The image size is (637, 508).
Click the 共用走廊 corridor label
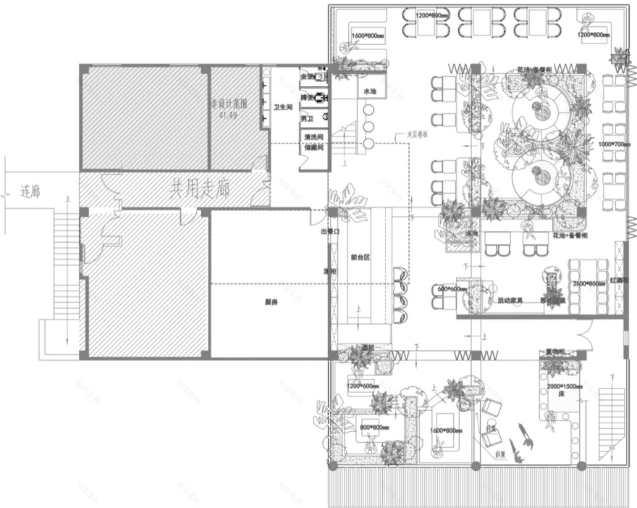tap(200, 190)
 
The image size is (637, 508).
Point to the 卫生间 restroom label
tap(282, 107)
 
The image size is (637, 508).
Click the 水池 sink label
tap(370, 91)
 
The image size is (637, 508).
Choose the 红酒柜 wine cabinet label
tap(619, 279)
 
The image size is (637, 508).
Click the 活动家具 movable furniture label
tap(510, 300)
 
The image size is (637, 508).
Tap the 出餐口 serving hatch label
tap(329, 232)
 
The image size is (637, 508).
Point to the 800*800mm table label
tap(375, 428)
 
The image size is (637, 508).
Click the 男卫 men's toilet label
tap(308, 118)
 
